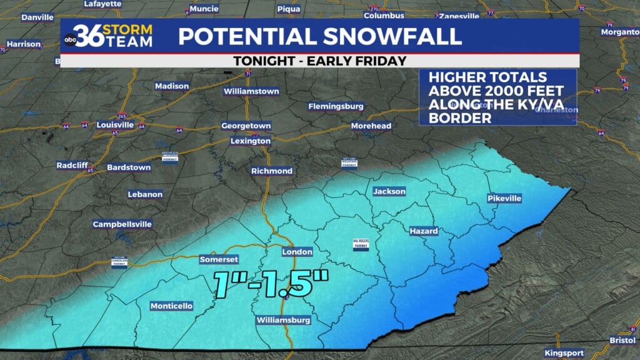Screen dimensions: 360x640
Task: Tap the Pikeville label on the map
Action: [504, 198]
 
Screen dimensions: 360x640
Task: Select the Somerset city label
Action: [219, 259]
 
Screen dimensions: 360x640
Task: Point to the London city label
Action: [297, 252]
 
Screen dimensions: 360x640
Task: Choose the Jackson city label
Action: [389, 191]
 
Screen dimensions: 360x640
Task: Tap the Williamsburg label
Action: [284, 321]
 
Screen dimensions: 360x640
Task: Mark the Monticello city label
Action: [171, 306]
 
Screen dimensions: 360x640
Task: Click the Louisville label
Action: [115, 124]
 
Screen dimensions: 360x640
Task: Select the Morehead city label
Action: [371, 126]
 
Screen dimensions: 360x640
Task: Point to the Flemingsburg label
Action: [336, 106]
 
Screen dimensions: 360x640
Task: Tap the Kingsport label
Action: [564, 352]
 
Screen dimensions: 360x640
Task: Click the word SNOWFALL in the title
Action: [388, 36]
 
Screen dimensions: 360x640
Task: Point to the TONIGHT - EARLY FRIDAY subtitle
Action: [319, 61]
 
